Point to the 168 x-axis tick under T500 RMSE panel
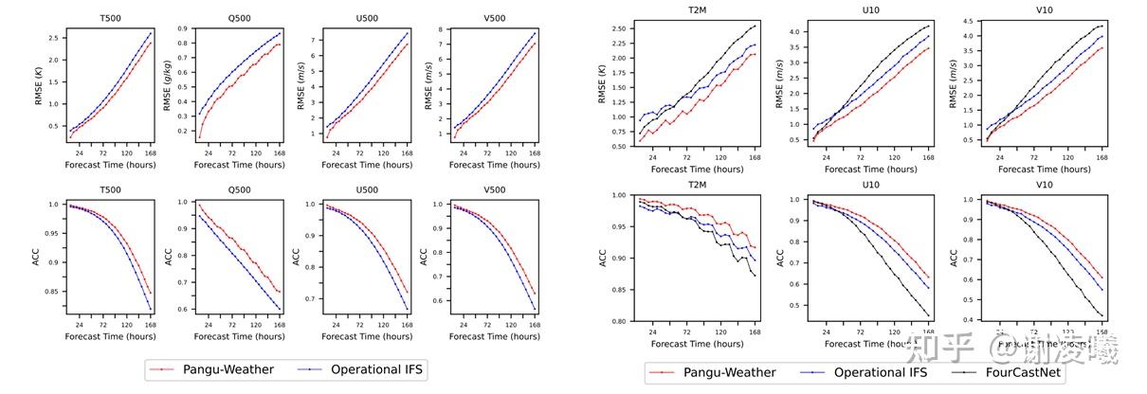click(x=148, y=152)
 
